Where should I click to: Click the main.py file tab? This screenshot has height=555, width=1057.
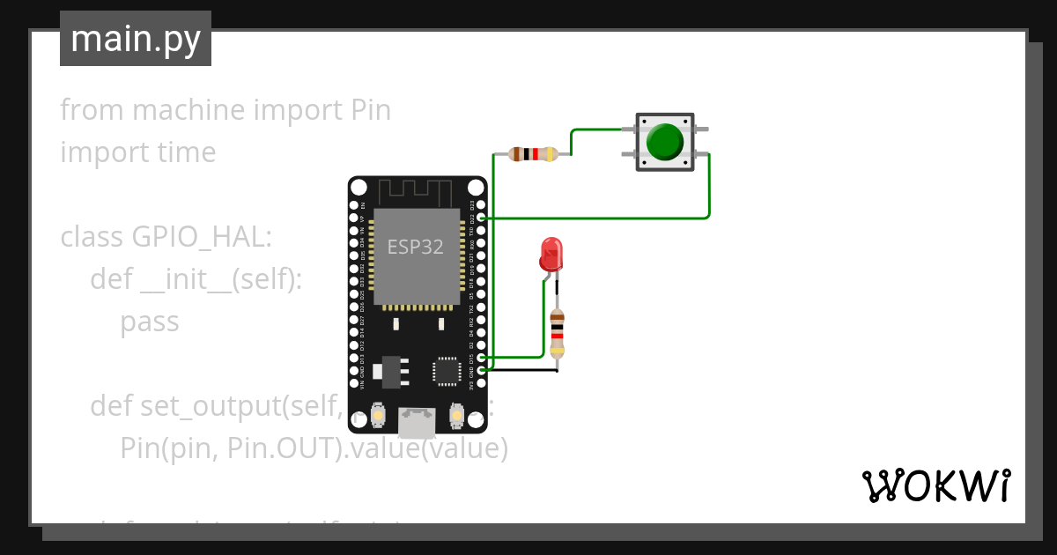[135, 39]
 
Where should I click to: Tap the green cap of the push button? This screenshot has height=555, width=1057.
[664, 142]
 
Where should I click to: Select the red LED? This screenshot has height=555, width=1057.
[551, 254]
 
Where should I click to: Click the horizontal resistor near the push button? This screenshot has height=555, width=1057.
[533, 154]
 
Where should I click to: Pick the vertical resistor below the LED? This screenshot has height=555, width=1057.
[556, 335]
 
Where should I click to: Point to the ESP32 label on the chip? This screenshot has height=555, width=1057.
[416, 247]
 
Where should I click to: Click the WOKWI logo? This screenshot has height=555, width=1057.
[935, 485]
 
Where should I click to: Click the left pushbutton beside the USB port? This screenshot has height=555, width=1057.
[378, 414]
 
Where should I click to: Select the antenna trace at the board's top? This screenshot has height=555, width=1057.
[417, 190]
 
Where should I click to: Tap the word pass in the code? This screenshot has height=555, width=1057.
[149, 322]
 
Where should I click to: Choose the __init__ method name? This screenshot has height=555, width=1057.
[184, 279]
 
